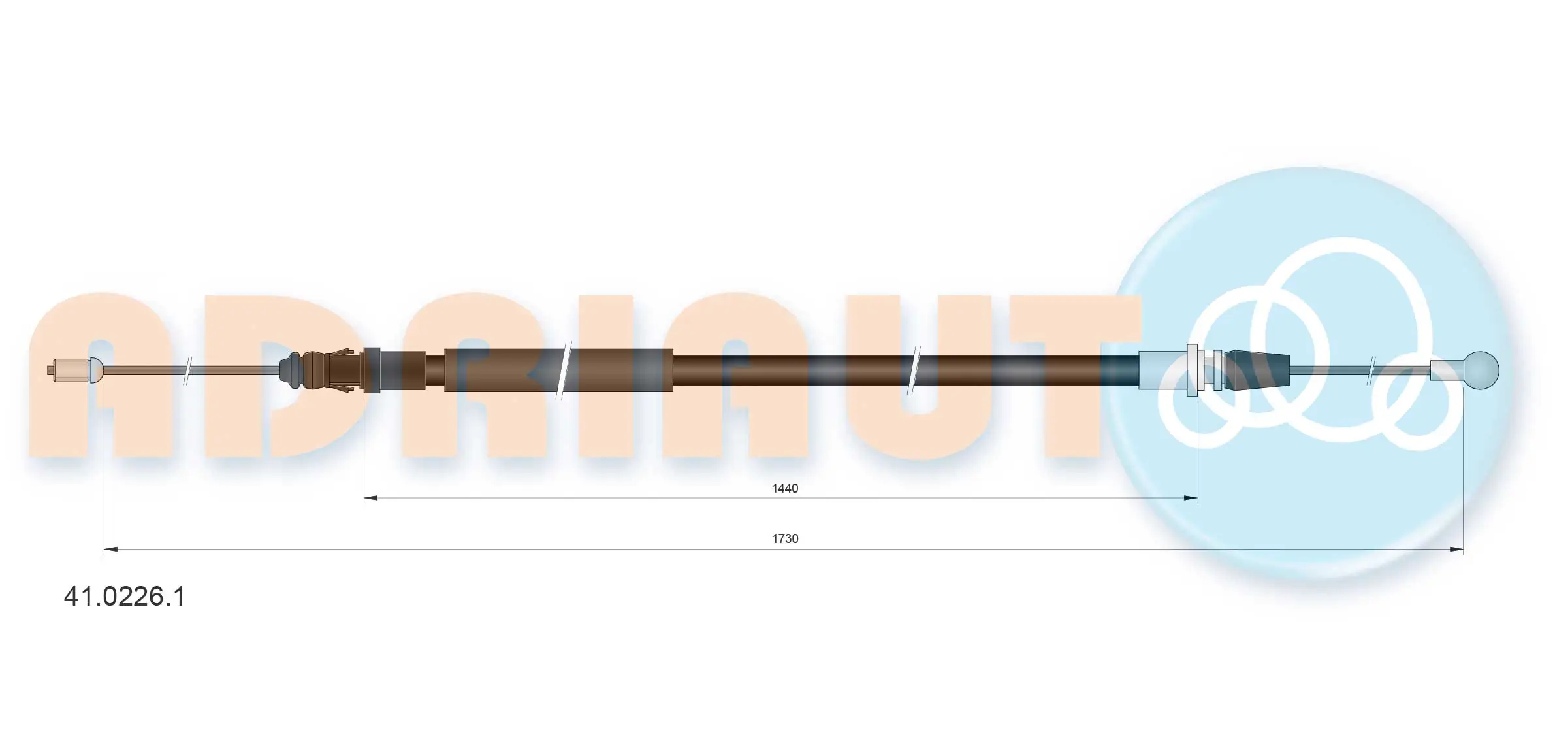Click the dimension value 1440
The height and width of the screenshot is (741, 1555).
point(784,488)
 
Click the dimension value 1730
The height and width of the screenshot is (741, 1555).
point(784,538)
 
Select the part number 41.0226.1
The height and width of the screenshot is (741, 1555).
point(124,597)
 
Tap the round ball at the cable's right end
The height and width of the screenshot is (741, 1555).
point(1481,370)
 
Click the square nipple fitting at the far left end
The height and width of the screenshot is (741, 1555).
point(69,370)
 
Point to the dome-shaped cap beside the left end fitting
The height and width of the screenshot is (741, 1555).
point(95,370)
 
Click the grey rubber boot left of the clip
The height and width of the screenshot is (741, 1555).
point(290,370)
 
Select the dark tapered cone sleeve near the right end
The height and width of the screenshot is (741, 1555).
point(1257,370)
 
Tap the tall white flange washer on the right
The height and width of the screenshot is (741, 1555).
point(1192,370)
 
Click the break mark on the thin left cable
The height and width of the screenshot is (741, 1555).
point(187,370)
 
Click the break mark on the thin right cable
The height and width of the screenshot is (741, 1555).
point(1371,370)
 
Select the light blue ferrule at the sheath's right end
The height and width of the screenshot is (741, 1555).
point(1161,370)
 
